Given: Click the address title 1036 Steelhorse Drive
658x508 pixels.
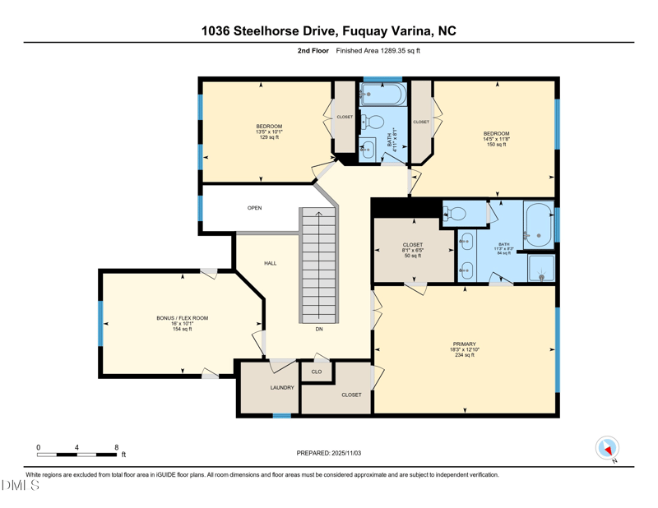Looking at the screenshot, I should (329, 31).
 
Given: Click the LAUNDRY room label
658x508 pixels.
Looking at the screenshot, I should (282, 387).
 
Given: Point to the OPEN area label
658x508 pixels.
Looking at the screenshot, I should (255, 208).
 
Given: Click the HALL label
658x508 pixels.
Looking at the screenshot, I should (270, 263).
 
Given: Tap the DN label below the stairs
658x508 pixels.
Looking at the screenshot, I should (319, 329).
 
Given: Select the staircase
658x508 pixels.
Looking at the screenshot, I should (317, 263).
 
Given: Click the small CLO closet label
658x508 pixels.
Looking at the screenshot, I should (317, 372).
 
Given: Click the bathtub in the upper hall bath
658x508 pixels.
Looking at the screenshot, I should (383, 94).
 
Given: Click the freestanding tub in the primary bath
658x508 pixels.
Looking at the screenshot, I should (538, 224).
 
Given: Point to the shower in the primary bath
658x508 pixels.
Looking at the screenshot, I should (541, 268).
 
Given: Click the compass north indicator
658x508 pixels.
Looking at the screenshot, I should (607, 449).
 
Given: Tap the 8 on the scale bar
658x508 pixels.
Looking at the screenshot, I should (117, 447).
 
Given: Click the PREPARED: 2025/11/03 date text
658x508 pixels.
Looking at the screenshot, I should (329, 453).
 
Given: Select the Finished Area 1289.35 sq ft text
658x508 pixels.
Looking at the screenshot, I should (378, 51).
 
